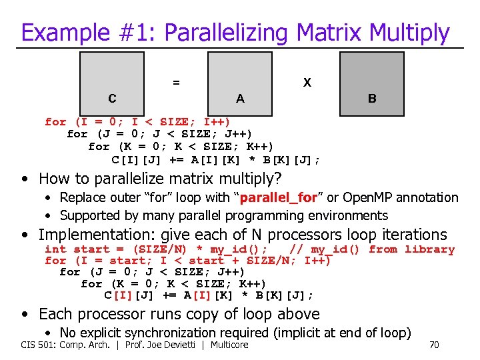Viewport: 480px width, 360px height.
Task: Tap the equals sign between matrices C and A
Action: (x=176, y=83)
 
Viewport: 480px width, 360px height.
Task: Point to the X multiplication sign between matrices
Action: (x=307, y=83)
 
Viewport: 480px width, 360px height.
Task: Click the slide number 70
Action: (x=435, y=345)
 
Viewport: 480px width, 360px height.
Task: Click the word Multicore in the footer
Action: (x=228, y=345)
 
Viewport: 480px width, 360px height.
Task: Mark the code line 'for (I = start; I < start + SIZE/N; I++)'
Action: (x=187, y=261)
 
